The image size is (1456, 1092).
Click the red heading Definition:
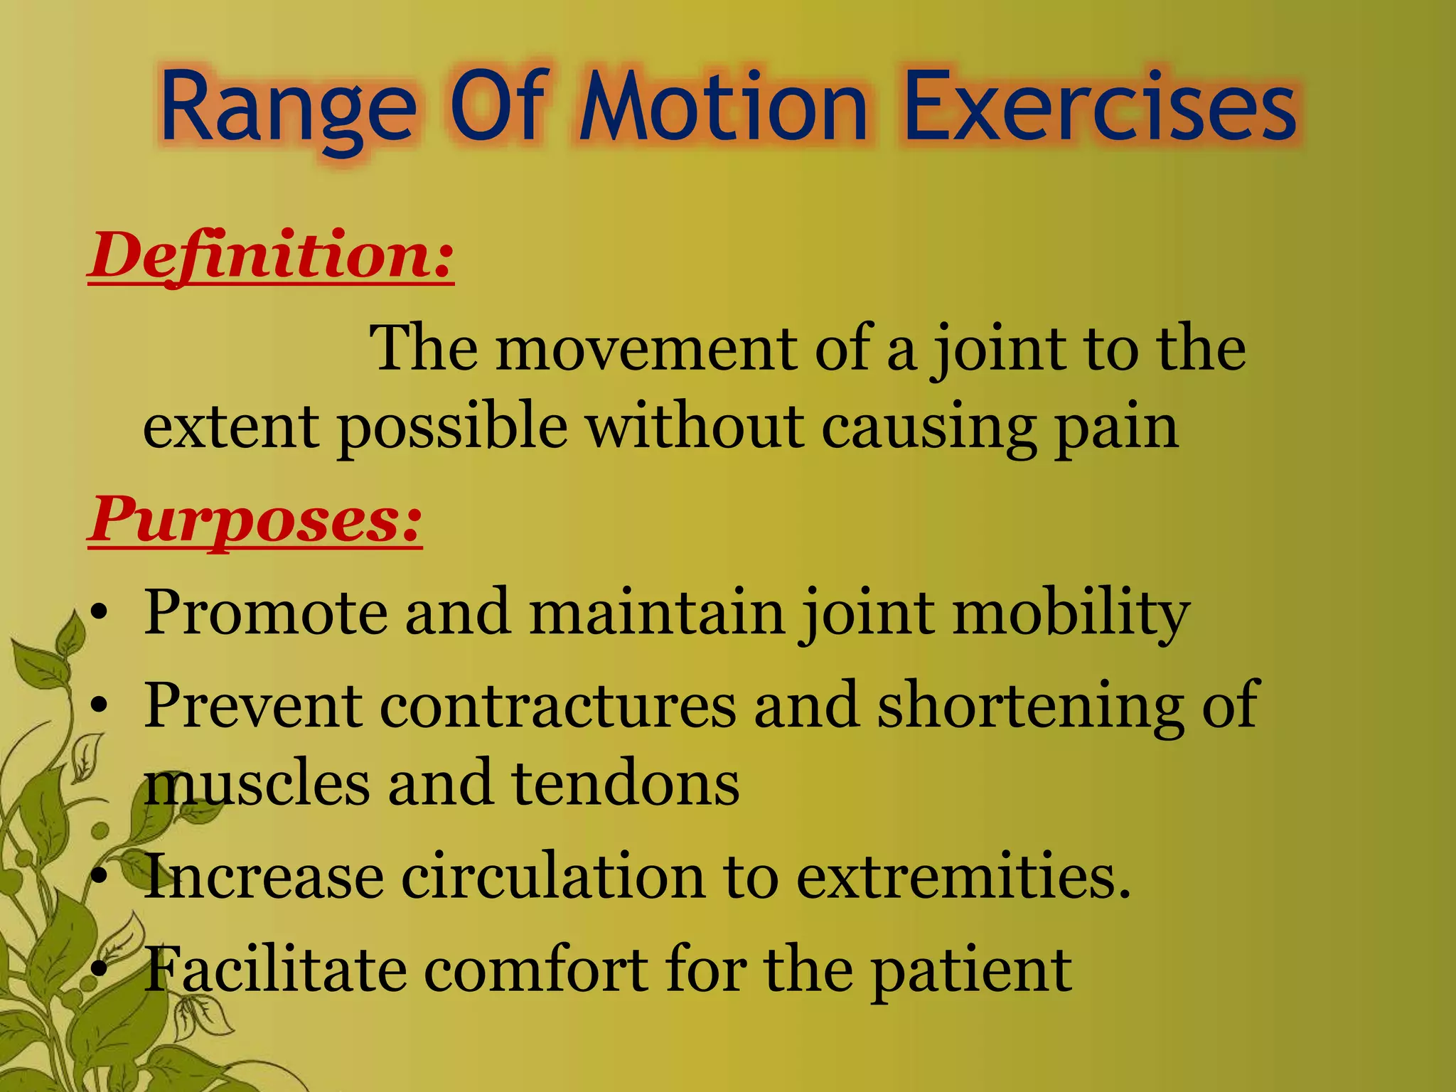271,256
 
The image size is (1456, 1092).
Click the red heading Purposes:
255,520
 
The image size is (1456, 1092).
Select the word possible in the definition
452,427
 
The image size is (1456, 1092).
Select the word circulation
552,877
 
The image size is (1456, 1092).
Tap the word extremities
962,877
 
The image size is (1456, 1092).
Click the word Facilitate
276,970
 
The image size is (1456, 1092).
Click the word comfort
536,970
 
